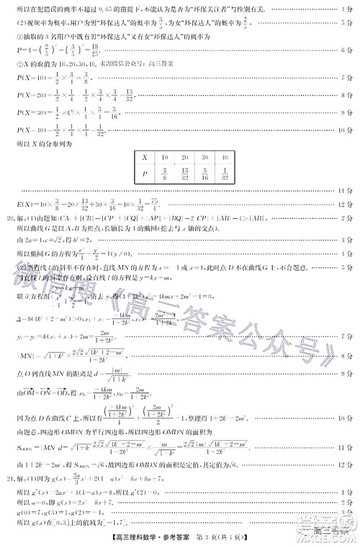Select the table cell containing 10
(164, 156)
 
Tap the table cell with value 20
(185, 156)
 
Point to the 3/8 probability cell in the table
(164, 173)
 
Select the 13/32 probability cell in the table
(185, 173)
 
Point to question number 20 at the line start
(8, 216)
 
